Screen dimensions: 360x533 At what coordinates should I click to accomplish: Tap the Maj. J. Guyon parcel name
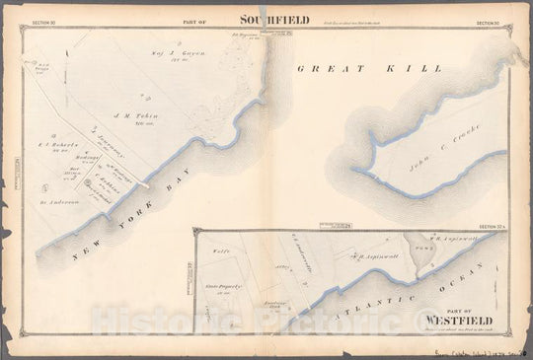[171, 47]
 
